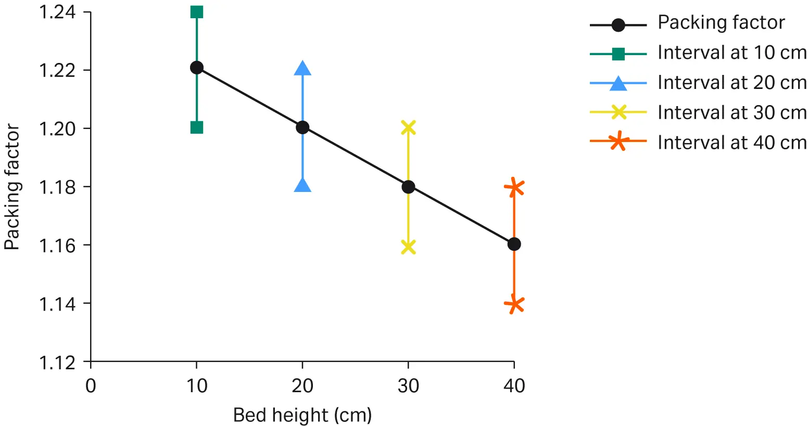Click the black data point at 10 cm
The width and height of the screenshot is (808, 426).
pyautogui.click(x=196, y=68)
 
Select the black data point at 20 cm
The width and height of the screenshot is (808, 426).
pyautogui.click(x=302, y=127)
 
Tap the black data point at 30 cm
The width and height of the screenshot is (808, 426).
pyautogui.click(x=408, y=187)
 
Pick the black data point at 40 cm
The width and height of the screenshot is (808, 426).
pyautogui.click(x=514, y=244)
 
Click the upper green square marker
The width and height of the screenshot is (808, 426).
pyautogui.click(x=196, y=12)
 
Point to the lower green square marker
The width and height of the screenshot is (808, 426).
pyautogui.click(x=196, y=127)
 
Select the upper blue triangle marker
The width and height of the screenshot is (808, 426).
pyautogui.click(x=302, y=68)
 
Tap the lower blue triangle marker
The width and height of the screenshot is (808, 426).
pyautogui.click(x=302, y=185)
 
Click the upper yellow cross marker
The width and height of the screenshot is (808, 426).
pyautogui.click(x=409, y=127)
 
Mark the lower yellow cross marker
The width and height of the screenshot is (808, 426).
pyautogui.click(x=409, y=247)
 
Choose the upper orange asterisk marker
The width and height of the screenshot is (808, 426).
pyautogui.click(x=514, y=187)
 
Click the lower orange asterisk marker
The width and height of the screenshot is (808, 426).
pyautogui.click(x=514, y=304)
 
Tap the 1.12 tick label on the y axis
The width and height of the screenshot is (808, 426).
pyautogui.click(x=58, y=362)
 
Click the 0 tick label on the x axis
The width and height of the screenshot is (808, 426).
pyautogui.click(x=91, y=386)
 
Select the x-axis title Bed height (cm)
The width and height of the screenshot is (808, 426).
pyautogui.click(x=302, y=415)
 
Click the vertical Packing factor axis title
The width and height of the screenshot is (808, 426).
pyautogui.click(x=12, y=187)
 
